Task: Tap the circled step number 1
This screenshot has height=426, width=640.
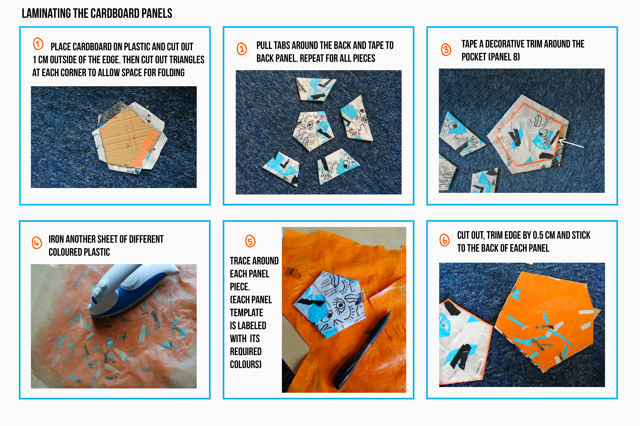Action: point(38,44)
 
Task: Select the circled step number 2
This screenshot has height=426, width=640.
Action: point(242,49)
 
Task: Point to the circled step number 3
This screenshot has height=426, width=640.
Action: point(446,49)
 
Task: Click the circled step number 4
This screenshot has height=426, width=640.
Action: point(37,243)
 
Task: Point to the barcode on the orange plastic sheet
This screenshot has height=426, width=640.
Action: point(292,274)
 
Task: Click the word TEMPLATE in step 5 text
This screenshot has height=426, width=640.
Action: point(246,313)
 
